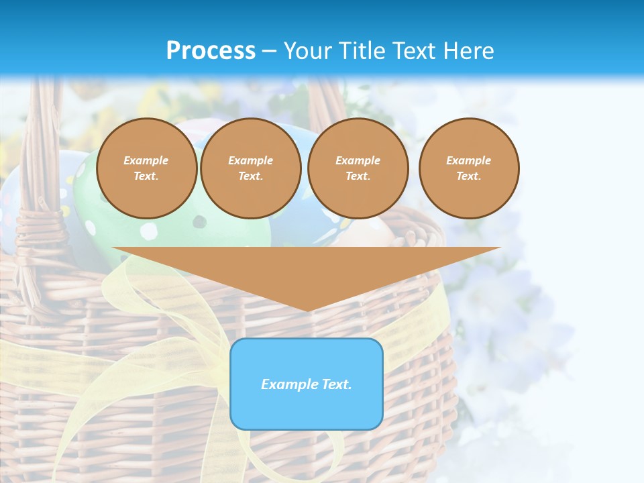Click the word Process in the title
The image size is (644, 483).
pyautogui.click(x=211, y=51)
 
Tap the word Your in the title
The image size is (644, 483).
pyautogui.click(x=307, y=51)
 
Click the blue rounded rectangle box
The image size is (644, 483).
pyautogui.click(x=307, y=409)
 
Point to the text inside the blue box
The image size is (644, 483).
pyautogui.click(x=307, y=384)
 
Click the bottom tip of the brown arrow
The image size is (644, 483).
pyautogui.click(x=307, y=309)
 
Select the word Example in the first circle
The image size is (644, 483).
pyautogui.click(x=146, y=160)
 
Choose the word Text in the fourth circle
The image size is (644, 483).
pyautogui.click(x=468, y=176)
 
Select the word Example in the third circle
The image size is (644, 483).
pyautogui.click(x=358, y=160)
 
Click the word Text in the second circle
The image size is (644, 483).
pyautogui.click(x=250, y=176)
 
